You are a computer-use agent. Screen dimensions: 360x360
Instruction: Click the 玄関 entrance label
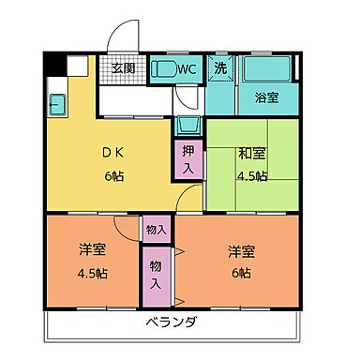pyautogui.click(x=124, y=68)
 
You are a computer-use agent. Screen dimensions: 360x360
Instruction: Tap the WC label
pyautogui.click(x=187, y=68)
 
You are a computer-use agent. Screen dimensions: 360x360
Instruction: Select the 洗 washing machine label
pyautogui.click(x=219, y=67)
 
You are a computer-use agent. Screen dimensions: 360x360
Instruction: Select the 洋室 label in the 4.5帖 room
pyautogui.click(x=90, y=251)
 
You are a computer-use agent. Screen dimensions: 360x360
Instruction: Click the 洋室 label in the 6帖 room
pyautogui.click(x=241, y=251)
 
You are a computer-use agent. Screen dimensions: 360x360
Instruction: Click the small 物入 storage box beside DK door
pyautogui.click(x=155, y=229)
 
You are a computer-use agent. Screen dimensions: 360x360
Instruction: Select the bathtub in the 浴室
pyautogui.click(x=266, y=70)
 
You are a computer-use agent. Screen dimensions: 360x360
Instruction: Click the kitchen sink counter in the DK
pyautogui.click(x=53, y=104)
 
